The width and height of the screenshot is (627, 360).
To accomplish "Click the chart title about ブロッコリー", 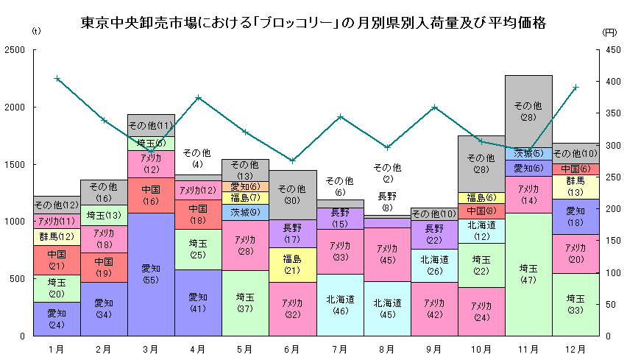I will click(x=313, y=23).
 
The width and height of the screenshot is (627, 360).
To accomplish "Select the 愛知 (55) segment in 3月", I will click(x=151, y=274).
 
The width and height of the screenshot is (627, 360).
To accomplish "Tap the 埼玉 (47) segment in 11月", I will click(x=528, y=274).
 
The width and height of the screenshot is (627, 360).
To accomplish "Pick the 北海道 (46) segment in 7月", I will click(x=340, y=305).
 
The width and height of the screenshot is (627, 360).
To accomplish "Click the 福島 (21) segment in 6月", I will click(x=293, y=264).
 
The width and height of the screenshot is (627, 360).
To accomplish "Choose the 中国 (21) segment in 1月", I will click(x=57, y=260).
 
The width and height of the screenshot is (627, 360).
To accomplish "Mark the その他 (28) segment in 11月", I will click(x=528, y=110).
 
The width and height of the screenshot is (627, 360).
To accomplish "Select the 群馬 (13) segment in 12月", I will click(x=575, y=186).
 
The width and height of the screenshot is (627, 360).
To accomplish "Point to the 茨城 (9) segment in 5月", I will click(x=245, y=212).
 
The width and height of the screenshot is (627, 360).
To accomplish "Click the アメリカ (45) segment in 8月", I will click(x=387, y=254).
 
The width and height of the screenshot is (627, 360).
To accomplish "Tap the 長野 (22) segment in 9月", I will click(x=434, y=234).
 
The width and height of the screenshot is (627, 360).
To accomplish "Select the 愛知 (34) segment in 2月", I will click(x=104, y=308).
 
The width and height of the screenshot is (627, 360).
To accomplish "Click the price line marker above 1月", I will click(x=57, y=78).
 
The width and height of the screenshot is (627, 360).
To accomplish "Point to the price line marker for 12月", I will click(x=575, y=87).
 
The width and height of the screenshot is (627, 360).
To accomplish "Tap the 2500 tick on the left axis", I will click(x=15, y=50).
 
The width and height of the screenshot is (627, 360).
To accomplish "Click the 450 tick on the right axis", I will click(x=610, y=50).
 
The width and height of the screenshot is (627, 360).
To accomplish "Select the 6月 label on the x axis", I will click(x=293, y=347).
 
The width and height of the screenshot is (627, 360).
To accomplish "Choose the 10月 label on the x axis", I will click(x=481, y=347).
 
